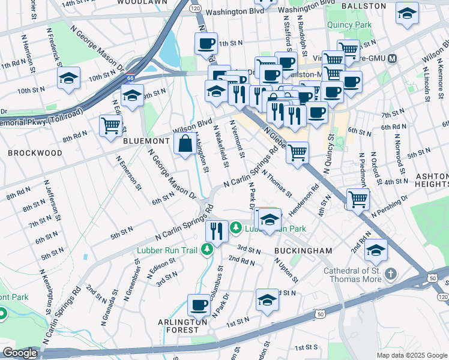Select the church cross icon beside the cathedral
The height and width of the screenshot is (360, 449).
click(x=391, y=274)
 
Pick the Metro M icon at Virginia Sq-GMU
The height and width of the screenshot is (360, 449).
click(x=393, y=59)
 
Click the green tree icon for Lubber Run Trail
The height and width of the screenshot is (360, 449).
click(x=208, y=248)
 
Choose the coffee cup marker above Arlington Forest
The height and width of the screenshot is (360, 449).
click(x=199, y=305)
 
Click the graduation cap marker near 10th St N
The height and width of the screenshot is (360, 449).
click(x=69, y=79)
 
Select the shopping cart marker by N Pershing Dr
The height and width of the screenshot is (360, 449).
click(x=358, y=198)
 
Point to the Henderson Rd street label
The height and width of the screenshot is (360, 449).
click(x=304, y=203)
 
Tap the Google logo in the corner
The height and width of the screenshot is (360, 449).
click(x=19, y=353)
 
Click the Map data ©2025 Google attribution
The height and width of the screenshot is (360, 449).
click(x=412, y=355)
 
